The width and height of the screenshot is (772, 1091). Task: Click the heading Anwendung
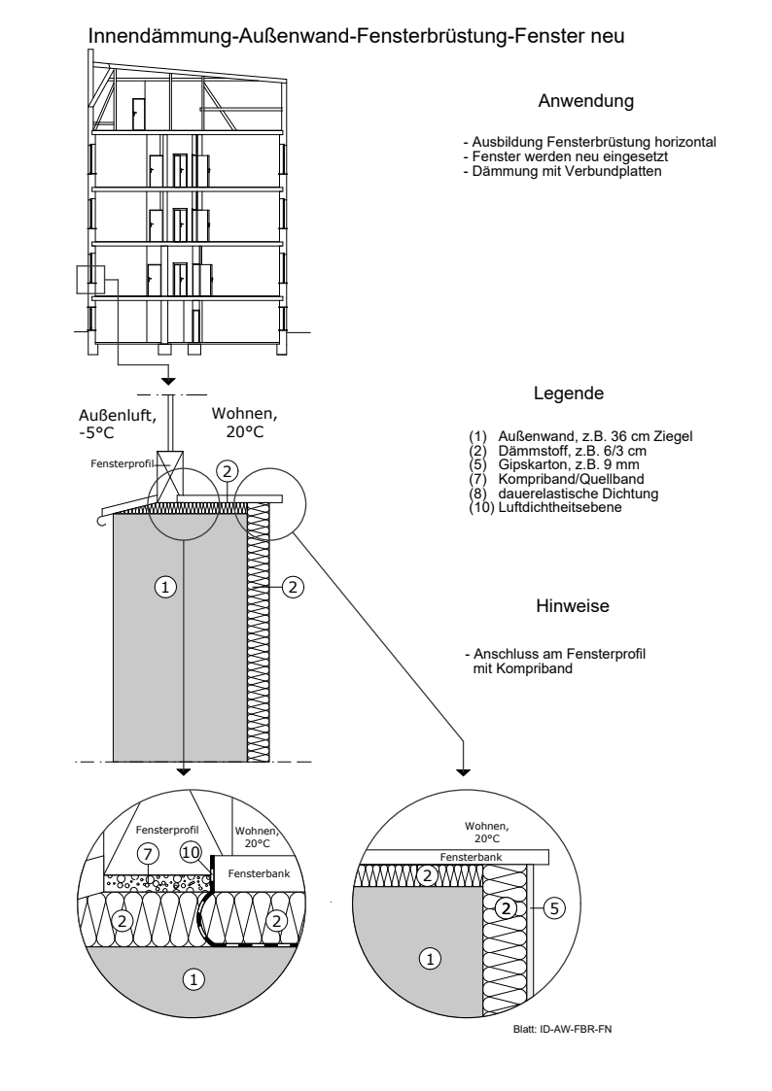tap(585, 102)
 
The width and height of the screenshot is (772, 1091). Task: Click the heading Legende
tap(569, 393)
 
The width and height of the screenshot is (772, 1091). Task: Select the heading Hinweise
tap(573, 606)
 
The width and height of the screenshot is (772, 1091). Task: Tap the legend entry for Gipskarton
tap(554, 464)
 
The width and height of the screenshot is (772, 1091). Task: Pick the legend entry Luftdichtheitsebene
tap(545, 507)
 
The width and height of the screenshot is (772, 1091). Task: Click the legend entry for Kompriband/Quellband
tap(556, 479)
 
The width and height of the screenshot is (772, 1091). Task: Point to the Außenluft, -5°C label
tap(117, 424)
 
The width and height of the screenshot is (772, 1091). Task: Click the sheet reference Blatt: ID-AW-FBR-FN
tap(562, 1029)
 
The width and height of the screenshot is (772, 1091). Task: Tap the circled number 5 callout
tap(553, 907)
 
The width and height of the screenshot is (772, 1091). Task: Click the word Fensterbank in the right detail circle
tap(471, 857)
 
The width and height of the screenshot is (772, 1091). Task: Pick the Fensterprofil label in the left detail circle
tap(167, 830)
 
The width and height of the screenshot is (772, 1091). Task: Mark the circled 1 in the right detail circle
tap(430, 959)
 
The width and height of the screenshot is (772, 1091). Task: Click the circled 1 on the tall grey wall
tap(165, 587)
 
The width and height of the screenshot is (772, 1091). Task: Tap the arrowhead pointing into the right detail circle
tap(463, 771)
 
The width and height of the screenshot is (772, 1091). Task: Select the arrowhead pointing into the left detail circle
tap(183, 771)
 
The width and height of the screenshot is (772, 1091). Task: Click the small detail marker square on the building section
tap(89, 279)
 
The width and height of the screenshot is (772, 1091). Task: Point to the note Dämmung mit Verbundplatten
tap(562, 171)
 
